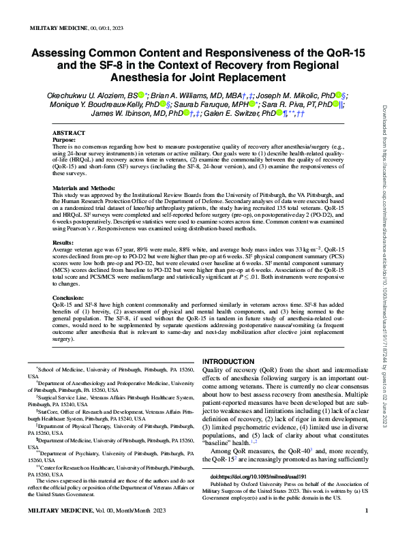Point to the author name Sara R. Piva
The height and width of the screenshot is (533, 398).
[x=297, y=104]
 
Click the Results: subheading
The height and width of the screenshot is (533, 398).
[x=64, y=241]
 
